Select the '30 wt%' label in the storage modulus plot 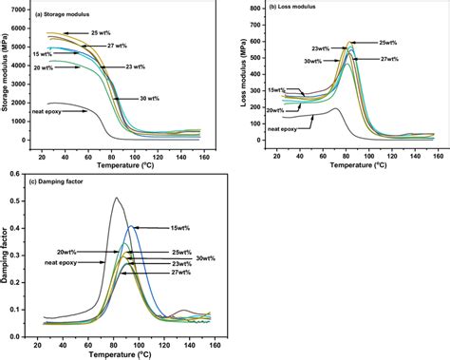tap(146, 98)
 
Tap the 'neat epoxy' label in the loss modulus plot tap(283, 128)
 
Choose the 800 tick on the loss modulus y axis tap(252, 9)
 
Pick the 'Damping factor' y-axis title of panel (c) tap(7, 256)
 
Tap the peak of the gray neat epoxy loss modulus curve tap(336, 109)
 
